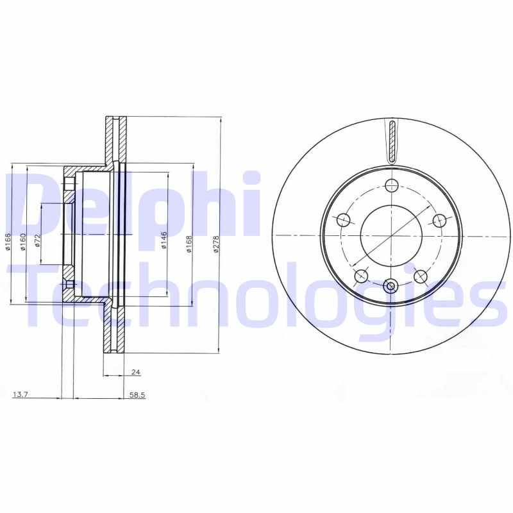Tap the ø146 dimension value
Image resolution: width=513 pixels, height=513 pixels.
click(x=164, y=239)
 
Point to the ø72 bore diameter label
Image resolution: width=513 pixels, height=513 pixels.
click(x=38, y=241)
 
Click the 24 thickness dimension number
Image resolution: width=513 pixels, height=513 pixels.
click(x=135, y=373)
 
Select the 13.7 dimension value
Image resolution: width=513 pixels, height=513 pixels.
click(x=21, y=395)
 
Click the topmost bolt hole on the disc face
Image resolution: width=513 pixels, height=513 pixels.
click(x=392, y=186)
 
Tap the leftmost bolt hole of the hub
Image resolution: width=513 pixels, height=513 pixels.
click(x=344, y=220)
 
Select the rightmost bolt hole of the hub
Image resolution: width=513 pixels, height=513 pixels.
click(x=440, y=221)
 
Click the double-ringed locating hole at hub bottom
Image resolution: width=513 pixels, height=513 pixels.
click(x=391, y=286)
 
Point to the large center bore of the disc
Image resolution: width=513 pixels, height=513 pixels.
click(x=391, y=235)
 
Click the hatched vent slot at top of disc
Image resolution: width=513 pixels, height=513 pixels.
click(x=392, y=140)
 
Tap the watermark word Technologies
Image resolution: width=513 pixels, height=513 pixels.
click(x=256, y=295)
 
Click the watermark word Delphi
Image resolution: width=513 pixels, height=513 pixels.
click(x=135, y=205)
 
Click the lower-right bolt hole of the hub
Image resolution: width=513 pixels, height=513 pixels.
click(x=421, y=276)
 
